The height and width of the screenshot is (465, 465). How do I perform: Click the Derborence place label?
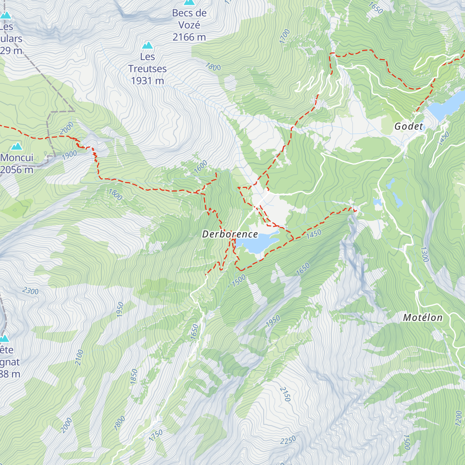(x=230, y=234)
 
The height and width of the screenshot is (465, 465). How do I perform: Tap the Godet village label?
(x=409, y=126)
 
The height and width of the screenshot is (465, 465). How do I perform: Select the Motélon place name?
(x=422, y=318)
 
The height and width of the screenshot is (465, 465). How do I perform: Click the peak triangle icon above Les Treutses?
(x=147, y=45)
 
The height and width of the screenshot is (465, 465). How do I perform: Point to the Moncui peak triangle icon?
(x=16, y=146)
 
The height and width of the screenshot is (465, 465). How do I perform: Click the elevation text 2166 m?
(x=189, y=37)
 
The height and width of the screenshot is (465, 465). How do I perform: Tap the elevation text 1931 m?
(x=147, y=81)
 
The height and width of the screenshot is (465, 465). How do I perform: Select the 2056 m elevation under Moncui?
(x=17, y=170)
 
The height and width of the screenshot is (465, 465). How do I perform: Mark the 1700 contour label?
(x=284, y=36)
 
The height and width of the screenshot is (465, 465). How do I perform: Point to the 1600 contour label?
(x=201, y=167)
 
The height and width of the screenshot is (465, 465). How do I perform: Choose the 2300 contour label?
(x=30, y=291)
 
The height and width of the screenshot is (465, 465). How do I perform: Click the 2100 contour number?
(x=79, y=357)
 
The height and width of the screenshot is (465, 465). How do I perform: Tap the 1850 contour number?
(x=134, y=377)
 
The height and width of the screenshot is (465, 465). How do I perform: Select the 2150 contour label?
(x=285, y=394)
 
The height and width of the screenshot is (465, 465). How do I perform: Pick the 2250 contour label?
(x=288, y=440)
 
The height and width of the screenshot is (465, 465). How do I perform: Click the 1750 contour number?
(x=156, y=435)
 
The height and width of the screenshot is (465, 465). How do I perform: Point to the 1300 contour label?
(x=424, y=254)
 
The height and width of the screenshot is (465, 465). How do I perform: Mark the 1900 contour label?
(x=70, y=155)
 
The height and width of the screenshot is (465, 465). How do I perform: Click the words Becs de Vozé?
(x=189, y=19)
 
